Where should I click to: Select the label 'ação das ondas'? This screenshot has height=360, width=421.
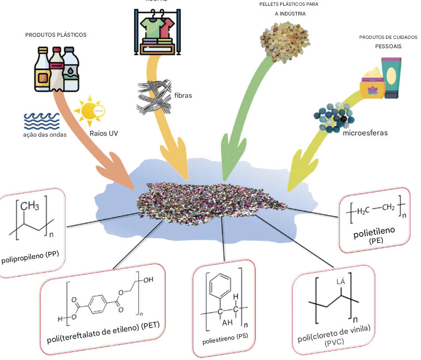[45, 135]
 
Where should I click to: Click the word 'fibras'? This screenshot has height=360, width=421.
[183, 95]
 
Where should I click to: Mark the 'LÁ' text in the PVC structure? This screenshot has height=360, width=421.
[340, 281]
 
